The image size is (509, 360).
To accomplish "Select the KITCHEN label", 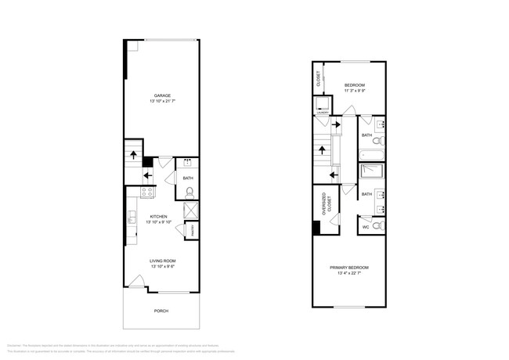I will pos(159,217).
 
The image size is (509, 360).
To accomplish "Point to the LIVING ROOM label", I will pos(163,261).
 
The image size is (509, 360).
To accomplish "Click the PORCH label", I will pos(161,311).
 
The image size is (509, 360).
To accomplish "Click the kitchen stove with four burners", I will pos(146,193).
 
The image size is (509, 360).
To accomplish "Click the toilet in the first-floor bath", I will pos(190,191).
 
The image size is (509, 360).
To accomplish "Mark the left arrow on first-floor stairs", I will pos(149,175).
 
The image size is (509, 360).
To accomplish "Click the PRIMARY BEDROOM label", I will pos(348,268).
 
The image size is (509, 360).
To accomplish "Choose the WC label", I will pos(366,228).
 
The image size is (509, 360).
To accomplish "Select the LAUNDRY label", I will pos(323,113).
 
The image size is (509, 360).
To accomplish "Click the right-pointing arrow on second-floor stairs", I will pos(337,124).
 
